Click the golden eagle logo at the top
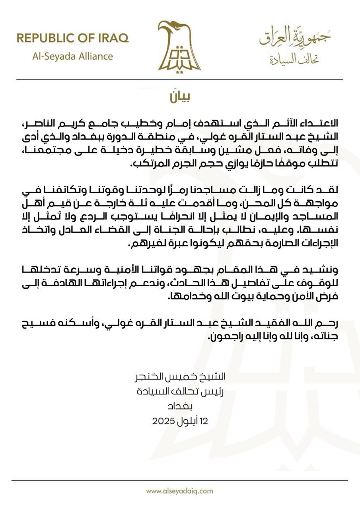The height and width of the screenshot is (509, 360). [x=179, y=47]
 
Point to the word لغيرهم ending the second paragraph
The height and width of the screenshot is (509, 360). [x=147, y=244]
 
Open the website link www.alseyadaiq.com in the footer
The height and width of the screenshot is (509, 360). [x=179, y=491]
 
